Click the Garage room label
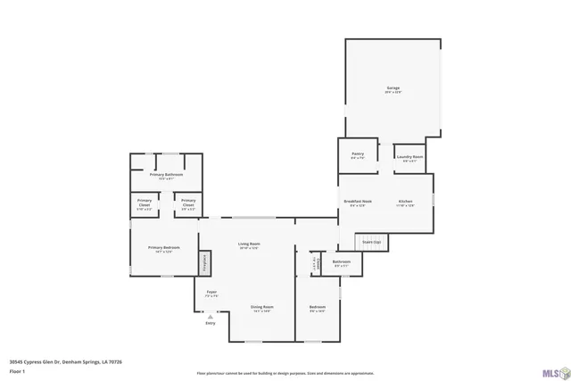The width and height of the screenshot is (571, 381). point(393,88)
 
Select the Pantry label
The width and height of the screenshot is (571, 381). point(358,153)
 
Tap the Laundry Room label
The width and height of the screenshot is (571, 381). point(410,156)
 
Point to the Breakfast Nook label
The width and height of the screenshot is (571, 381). point(358,202)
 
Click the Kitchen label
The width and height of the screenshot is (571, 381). point(405,202)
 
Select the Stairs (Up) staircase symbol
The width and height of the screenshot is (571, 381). point(370,243)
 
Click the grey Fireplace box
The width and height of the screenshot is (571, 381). point(203,262)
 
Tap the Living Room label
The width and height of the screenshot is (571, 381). point(249,244)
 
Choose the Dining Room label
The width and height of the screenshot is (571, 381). point(261,306)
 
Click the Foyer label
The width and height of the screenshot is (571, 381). point(211,291)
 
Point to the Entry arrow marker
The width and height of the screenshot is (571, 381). point(211,316)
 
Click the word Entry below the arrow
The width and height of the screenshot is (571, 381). point(211,323)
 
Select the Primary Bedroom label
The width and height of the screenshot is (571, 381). point(164,247)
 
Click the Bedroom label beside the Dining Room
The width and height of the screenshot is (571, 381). point(318,307)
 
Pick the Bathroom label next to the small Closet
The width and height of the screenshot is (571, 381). point(342,261)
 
